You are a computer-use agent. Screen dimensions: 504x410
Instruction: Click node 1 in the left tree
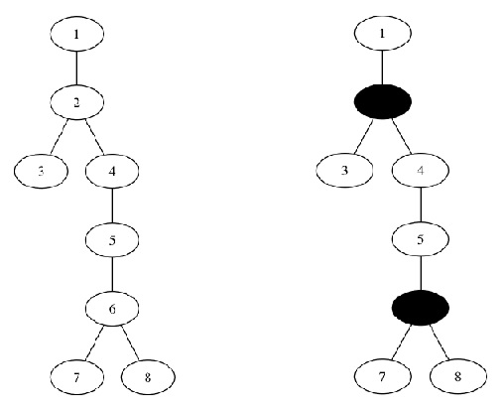[77, 34]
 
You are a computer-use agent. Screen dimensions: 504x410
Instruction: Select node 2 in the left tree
[77, 102]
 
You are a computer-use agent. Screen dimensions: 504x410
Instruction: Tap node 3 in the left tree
[41, 171]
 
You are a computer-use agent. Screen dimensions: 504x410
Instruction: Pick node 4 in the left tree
[112, 171]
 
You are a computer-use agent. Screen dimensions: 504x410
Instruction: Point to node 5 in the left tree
[112, 239]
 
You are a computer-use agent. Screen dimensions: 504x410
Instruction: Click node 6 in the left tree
[112, 309]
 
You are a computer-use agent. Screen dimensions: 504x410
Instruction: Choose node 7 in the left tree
[77, 377]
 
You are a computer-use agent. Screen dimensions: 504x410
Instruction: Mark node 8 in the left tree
[148, 377]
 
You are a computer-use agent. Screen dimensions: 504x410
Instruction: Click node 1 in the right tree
[383, 33]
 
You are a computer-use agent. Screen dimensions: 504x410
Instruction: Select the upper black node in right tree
[383, 101]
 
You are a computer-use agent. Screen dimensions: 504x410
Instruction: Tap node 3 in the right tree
[344, 170]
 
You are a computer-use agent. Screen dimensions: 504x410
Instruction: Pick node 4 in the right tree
[421, 170]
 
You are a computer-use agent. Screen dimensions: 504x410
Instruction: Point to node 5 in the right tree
[421, 239]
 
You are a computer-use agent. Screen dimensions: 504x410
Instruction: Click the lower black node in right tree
[421, 308]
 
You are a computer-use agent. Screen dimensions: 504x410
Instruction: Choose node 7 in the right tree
[383, 376]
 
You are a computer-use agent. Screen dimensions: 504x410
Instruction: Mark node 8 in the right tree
[458, 376]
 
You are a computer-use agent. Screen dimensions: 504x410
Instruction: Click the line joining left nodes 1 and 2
[77, 68]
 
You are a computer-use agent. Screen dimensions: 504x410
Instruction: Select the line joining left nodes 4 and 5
[112, 205]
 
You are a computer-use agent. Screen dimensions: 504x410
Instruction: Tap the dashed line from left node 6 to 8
[130, 342]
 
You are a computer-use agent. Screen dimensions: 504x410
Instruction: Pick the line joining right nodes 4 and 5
[421, 205]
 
